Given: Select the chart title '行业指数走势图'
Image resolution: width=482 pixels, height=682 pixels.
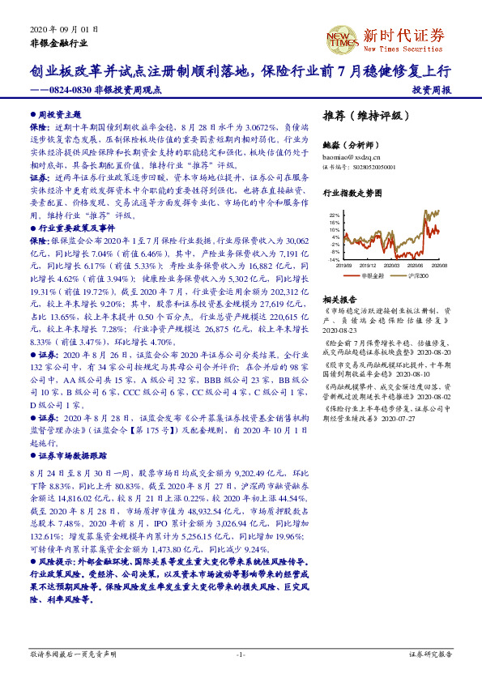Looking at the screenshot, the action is coord(352,194).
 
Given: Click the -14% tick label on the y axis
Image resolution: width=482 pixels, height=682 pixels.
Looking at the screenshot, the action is coord(334,260).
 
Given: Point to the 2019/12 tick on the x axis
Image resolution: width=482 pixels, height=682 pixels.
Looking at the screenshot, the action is coord(369,265).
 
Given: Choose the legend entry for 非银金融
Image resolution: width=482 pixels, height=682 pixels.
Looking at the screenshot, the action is coord(370,275).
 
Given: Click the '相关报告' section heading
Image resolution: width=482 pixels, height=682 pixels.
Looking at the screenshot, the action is coord(339,300).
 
